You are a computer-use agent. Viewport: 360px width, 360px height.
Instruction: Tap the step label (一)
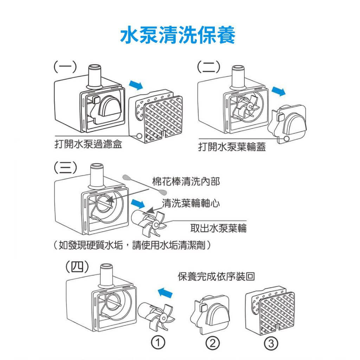coord(65,66)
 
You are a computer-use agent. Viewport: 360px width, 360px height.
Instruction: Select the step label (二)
coord(208,66)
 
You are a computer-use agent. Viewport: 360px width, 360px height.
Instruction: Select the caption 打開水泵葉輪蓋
coord(232,147)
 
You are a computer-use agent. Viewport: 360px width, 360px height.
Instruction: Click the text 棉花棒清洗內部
coord(186,181)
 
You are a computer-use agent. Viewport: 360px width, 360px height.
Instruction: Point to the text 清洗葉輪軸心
coord(191,203)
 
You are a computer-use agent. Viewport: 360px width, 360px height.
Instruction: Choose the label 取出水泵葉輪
coord(218,228)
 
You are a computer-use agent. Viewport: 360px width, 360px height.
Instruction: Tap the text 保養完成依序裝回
coord(216,277)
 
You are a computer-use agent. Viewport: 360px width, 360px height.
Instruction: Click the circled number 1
coord(159,342)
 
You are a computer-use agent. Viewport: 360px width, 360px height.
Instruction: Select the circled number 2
coord(213,342)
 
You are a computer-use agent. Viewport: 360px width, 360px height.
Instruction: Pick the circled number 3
coord(270,342)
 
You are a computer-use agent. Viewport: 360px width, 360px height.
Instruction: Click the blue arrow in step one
coord(136,85)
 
